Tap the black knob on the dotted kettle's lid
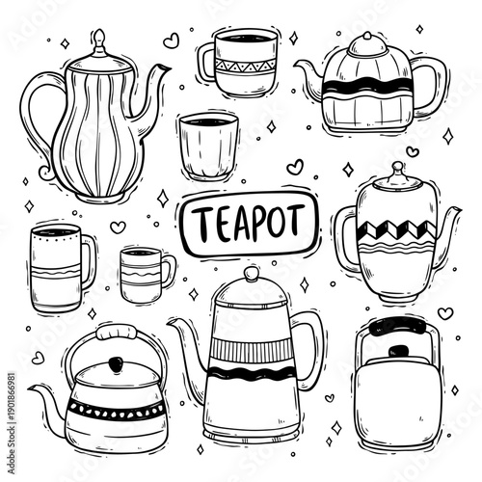pos(114,364)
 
